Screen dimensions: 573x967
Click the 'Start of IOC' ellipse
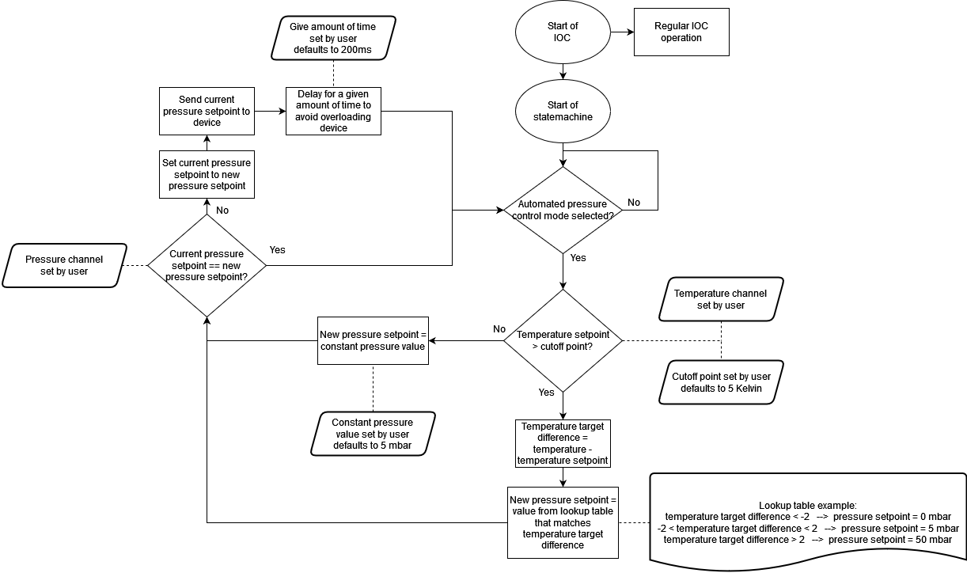(x=563, y=32)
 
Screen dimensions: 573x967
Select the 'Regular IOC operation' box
(x=681, y=32)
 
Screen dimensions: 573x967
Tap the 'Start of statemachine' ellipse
(x=563, y=112)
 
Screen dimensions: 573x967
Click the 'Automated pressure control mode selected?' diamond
(x=563, y=210)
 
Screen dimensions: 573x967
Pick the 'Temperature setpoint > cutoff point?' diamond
(x=563, y=340)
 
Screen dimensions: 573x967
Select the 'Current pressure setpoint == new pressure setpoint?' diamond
(x=207, y=265)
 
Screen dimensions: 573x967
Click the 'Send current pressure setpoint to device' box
(x=207, y=112)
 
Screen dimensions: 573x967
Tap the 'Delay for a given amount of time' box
(x=333, y=112)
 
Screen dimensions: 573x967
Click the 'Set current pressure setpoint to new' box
(x=207, y=174)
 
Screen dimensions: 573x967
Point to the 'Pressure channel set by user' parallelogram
(x=64, y=265)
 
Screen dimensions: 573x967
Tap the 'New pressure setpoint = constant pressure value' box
(x=373, y=340)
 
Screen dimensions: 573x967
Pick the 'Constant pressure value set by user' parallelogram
(x=372, y=434)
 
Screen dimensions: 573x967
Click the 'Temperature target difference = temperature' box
(x=563, y=443)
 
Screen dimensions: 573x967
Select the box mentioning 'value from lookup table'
(x=563, y=522)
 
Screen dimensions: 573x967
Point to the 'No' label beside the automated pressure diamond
(x=634, y=203)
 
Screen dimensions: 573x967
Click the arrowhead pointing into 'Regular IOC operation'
(x=630, y=32)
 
